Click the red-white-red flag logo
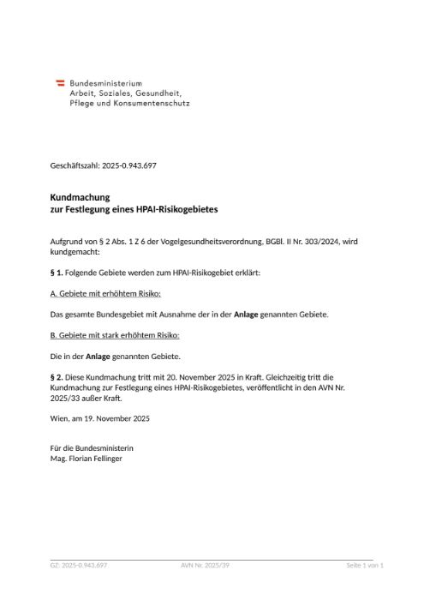[x=61, y=82]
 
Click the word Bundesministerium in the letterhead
[x=105, y=82]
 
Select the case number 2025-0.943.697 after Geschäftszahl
[x=128, y=165]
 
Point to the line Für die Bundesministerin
[x=93, y=448]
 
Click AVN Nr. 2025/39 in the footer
[x=206, y=566]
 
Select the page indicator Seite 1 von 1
[x=364, y=566]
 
